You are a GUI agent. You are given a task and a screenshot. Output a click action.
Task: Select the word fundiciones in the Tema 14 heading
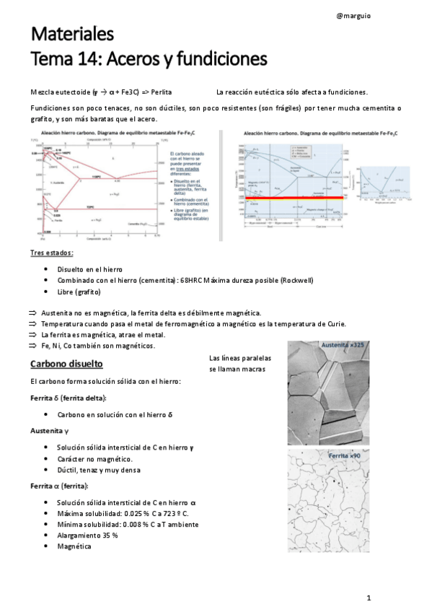click(222, 58)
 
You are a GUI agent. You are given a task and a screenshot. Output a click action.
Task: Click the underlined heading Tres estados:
click(51, 253)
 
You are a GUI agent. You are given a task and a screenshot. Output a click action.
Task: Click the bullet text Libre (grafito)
click(79, 292)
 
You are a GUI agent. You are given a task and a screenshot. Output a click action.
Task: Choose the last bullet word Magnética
click(74, 546)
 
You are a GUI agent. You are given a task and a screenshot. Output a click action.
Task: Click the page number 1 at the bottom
click(368, 598)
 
